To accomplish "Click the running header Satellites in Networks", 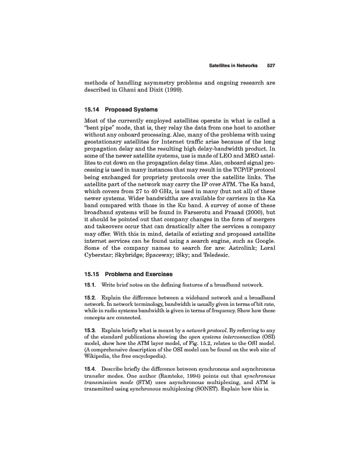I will [233, 65].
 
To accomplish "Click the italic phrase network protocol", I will [209, 330].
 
